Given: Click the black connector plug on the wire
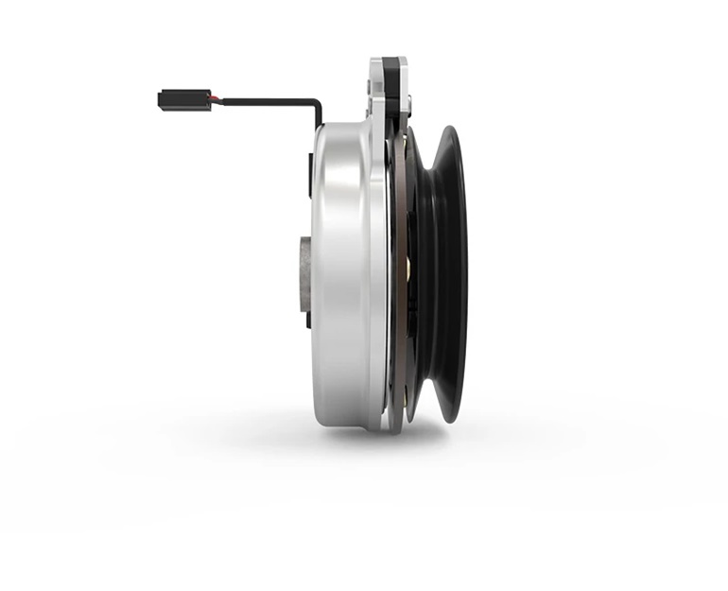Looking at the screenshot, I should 172,98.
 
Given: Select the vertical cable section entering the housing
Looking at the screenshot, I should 319,115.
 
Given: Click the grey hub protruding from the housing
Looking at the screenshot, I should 302,274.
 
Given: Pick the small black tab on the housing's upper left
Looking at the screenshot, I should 312,174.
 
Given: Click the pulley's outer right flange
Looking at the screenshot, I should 458,274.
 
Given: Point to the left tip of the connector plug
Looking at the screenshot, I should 160,98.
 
